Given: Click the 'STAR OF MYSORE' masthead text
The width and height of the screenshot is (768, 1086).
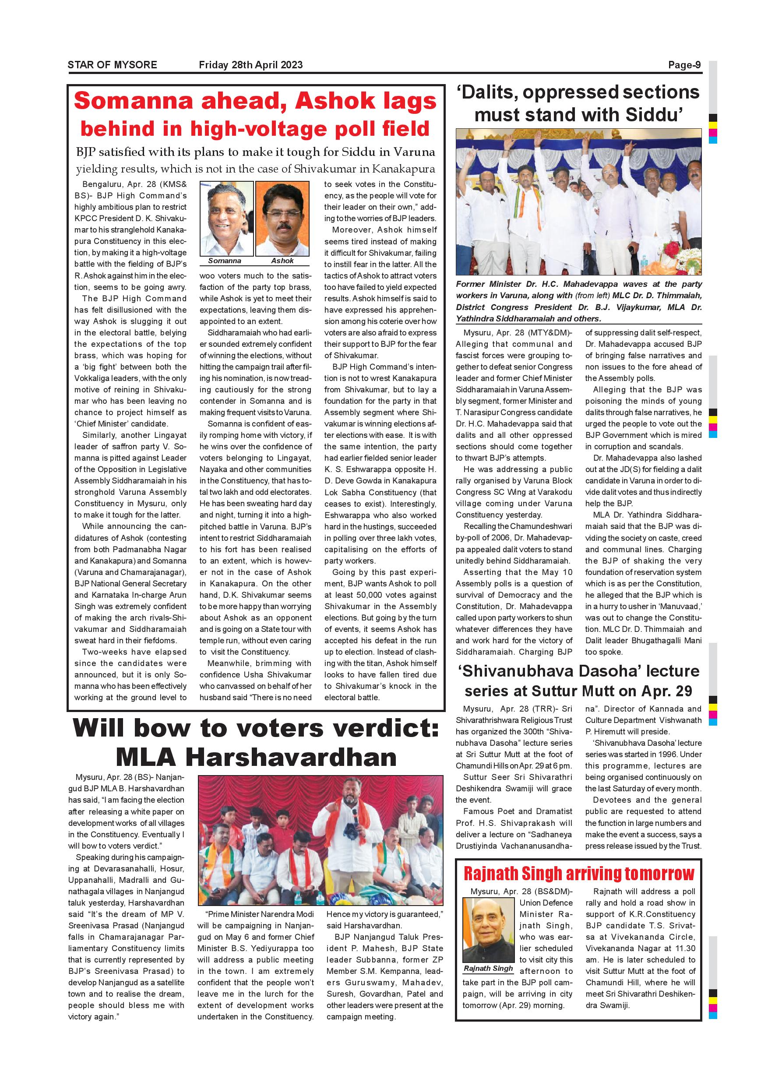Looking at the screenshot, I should tap(112, 65).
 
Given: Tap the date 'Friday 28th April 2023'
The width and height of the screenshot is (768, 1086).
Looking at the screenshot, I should tap(250, 65).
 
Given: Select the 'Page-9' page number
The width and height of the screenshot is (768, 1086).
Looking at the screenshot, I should tap(684, 65).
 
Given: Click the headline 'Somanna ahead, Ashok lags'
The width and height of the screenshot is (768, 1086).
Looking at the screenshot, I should tap(255, 101).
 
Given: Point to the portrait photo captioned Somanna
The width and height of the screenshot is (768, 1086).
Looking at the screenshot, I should tap(226, 219).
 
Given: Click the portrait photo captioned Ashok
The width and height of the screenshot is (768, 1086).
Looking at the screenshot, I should tap(282, 219).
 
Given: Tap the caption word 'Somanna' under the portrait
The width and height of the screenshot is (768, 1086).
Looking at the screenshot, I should tap(225, 261).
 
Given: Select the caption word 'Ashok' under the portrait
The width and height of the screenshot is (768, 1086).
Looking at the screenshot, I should tap(282, 261).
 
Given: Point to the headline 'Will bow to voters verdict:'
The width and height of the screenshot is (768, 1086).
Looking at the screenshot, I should tap(256, 728).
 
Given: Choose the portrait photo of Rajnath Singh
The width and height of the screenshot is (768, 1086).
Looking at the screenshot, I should tap(489, 929).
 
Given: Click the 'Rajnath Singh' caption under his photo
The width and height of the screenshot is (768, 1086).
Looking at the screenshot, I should tap(488, 968).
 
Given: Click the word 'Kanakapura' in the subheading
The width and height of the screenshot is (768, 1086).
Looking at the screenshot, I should tap(403, 169).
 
